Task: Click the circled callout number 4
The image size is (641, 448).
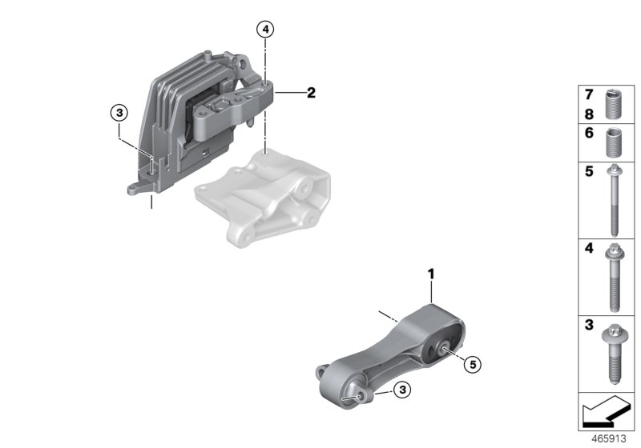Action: click(265, 30)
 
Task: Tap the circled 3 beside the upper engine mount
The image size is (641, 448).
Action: click(119, 114)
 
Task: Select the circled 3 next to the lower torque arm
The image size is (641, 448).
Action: click(403, 390)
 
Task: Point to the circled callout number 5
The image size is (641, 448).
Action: click(473, 365)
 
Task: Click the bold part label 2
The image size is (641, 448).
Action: click(311, 93)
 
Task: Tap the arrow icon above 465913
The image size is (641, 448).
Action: click(606, 414)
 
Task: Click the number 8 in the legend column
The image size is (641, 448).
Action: click(587, 114)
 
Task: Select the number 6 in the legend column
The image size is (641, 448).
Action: click(587, 134)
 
